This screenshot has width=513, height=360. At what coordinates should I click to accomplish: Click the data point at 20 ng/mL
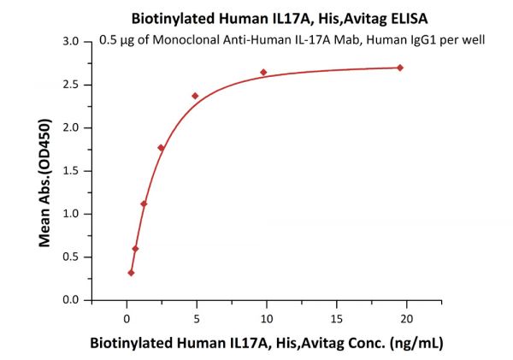(x=400, y=68)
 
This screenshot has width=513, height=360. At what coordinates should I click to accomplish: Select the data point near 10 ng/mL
(x=263, y=73)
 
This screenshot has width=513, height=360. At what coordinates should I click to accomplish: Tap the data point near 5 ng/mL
(x=195, y=96)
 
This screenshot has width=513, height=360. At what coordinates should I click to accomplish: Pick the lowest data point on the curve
(x=131, y=273)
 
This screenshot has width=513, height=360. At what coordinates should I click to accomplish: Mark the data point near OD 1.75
(x=161, y=148)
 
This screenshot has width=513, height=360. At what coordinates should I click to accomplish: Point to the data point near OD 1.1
(x=144, y=204)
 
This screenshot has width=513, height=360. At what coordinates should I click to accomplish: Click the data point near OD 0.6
(x=135, y=249)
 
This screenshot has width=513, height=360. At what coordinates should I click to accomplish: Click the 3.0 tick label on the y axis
(x=72, y=42)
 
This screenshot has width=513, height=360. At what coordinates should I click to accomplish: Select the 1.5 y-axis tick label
(x=72, y=171)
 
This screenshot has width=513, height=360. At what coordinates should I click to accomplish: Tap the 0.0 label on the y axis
(x=72, y=300)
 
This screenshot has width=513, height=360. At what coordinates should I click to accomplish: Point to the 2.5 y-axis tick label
(x=72, y=85)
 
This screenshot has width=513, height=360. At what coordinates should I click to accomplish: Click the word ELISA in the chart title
(x=362, y=17)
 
